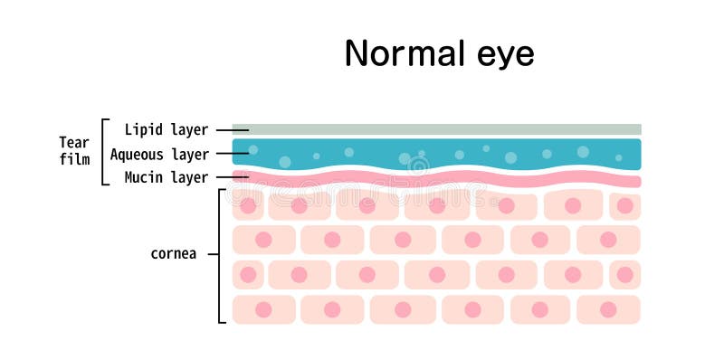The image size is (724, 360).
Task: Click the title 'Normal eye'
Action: click(439, 54)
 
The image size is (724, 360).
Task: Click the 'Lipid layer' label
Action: click(167, 130)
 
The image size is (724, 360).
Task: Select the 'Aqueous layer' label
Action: click(159, 155)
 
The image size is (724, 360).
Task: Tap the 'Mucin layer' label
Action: click(167, 177)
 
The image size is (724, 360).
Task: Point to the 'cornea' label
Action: click(173, 254)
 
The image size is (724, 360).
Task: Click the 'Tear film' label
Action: click(74, 151)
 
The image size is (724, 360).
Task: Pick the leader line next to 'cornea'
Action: click(214, 254)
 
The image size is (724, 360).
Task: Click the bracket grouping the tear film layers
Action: click(104, 151)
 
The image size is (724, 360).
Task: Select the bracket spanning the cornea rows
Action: click(221, 255)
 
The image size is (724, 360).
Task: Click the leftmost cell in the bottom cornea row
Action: click(263, 309)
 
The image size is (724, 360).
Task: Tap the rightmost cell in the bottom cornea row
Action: click(608, 309)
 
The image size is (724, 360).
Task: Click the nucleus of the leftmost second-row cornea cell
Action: click(263, 240)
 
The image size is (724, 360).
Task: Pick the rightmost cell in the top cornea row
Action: click(624, 205)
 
